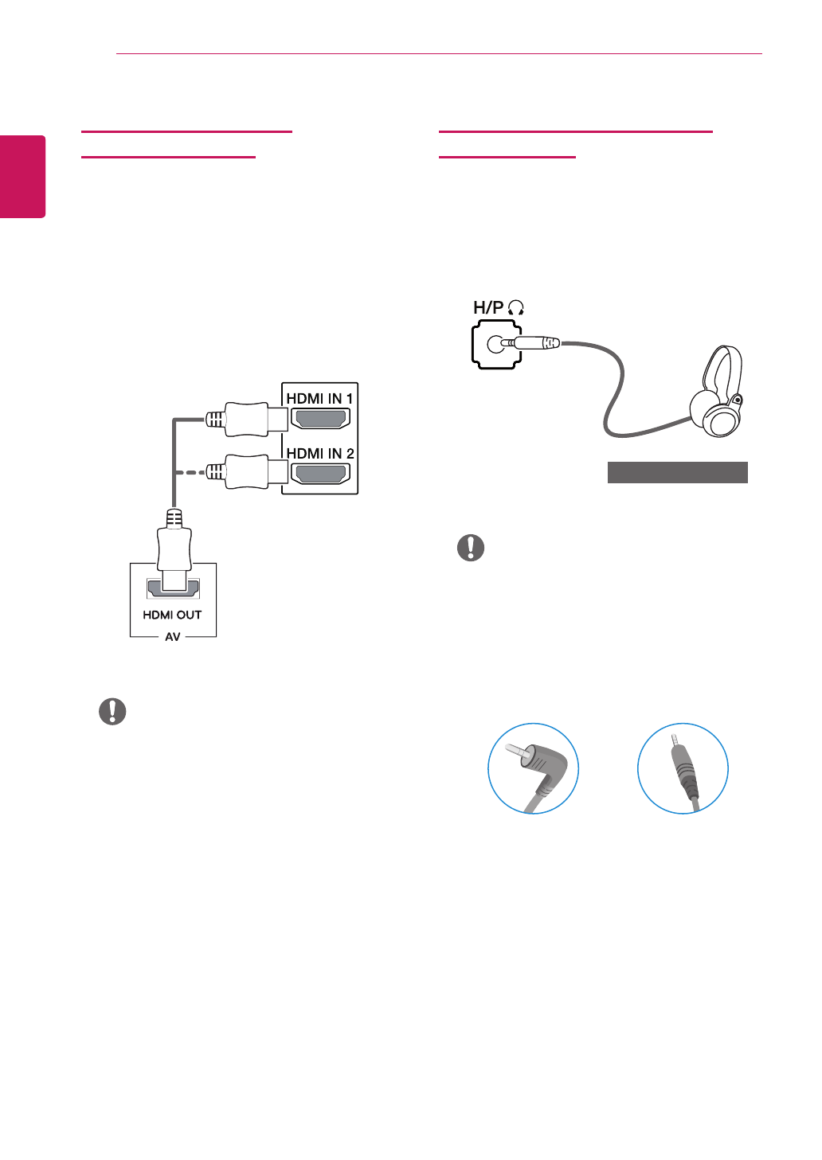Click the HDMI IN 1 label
click(319, 398)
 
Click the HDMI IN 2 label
click(319, 453)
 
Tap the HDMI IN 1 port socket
click(320, 419)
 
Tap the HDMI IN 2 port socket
click(320, 474)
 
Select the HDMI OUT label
click(172, 615)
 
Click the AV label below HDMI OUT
click(173, 637)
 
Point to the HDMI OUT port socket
click(173, 588)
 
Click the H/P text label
click(488, 307)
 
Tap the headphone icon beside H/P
click(516, 308)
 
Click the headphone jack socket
click(495, 344)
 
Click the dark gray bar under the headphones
click(677, 472)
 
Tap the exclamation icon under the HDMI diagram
click(112, 711)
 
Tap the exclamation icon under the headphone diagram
click(471, 548)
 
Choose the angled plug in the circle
click(533, 768)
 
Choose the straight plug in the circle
click(683, 768)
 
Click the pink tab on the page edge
click(22, 176)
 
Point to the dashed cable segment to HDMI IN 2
click(190, 473)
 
